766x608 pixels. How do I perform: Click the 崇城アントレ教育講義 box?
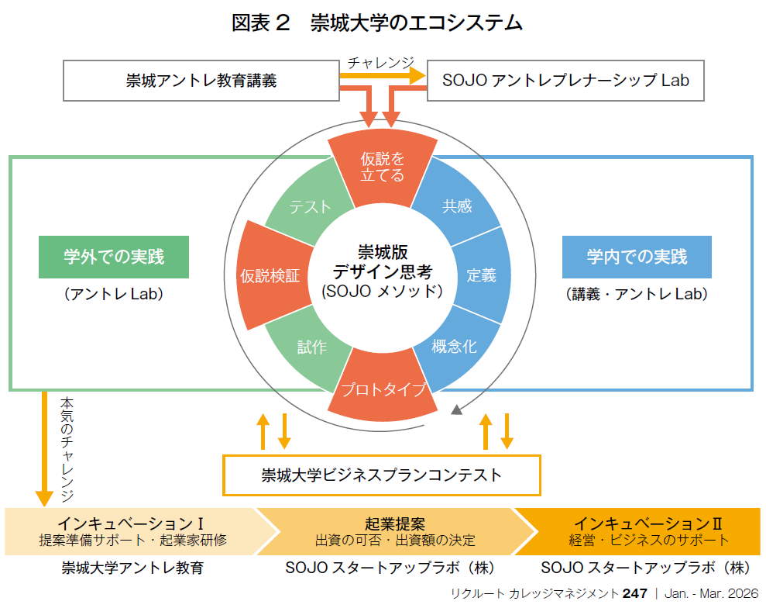tap(201, 80)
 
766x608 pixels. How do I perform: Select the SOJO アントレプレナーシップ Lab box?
tap(565, 80)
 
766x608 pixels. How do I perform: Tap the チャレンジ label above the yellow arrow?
tap(380, 63)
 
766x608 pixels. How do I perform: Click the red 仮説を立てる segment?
tap(383, 167)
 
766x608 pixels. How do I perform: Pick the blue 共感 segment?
tap(457, 206)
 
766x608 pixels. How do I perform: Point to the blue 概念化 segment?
tap(455, 346)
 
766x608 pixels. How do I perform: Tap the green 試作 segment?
tap(311, 347)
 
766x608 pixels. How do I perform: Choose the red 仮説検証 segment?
tap(268, 276)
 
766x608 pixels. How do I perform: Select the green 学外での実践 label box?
tap(114, 257)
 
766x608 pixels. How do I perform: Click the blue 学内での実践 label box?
tap(637, 257)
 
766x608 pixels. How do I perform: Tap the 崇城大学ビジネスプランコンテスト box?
tap(381, 475)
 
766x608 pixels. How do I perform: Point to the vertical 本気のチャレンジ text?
tap(67, 448)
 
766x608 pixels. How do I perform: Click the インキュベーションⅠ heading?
tap(130, 523)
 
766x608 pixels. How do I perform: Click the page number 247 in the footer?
tap(634, 593)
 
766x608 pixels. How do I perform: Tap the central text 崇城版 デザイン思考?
tap(383, 263)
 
